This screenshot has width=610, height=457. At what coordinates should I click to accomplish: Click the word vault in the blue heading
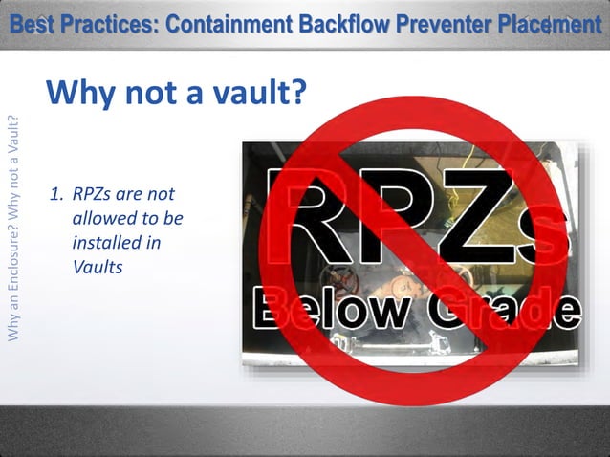point(253,93)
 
